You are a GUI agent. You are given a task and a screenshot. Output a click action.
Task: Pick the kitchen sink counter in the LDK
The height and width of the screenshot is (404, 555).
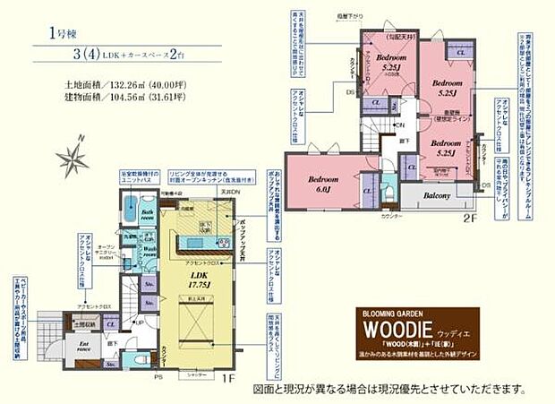(194, 241)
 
